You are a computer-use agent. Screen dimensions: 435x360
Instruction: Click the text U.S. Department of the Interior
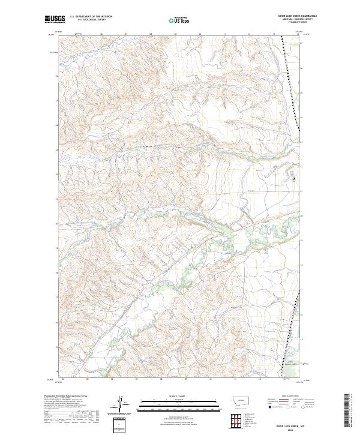(91, 16)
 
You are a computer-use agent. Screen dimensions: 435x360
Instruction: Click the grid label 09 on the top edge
(175, 34)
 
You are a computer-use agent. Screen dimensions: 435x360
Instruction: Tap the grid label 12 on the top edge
(248, 34)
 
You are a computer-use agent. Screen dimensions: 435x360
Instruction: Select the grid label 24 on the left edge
(57, 125)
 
